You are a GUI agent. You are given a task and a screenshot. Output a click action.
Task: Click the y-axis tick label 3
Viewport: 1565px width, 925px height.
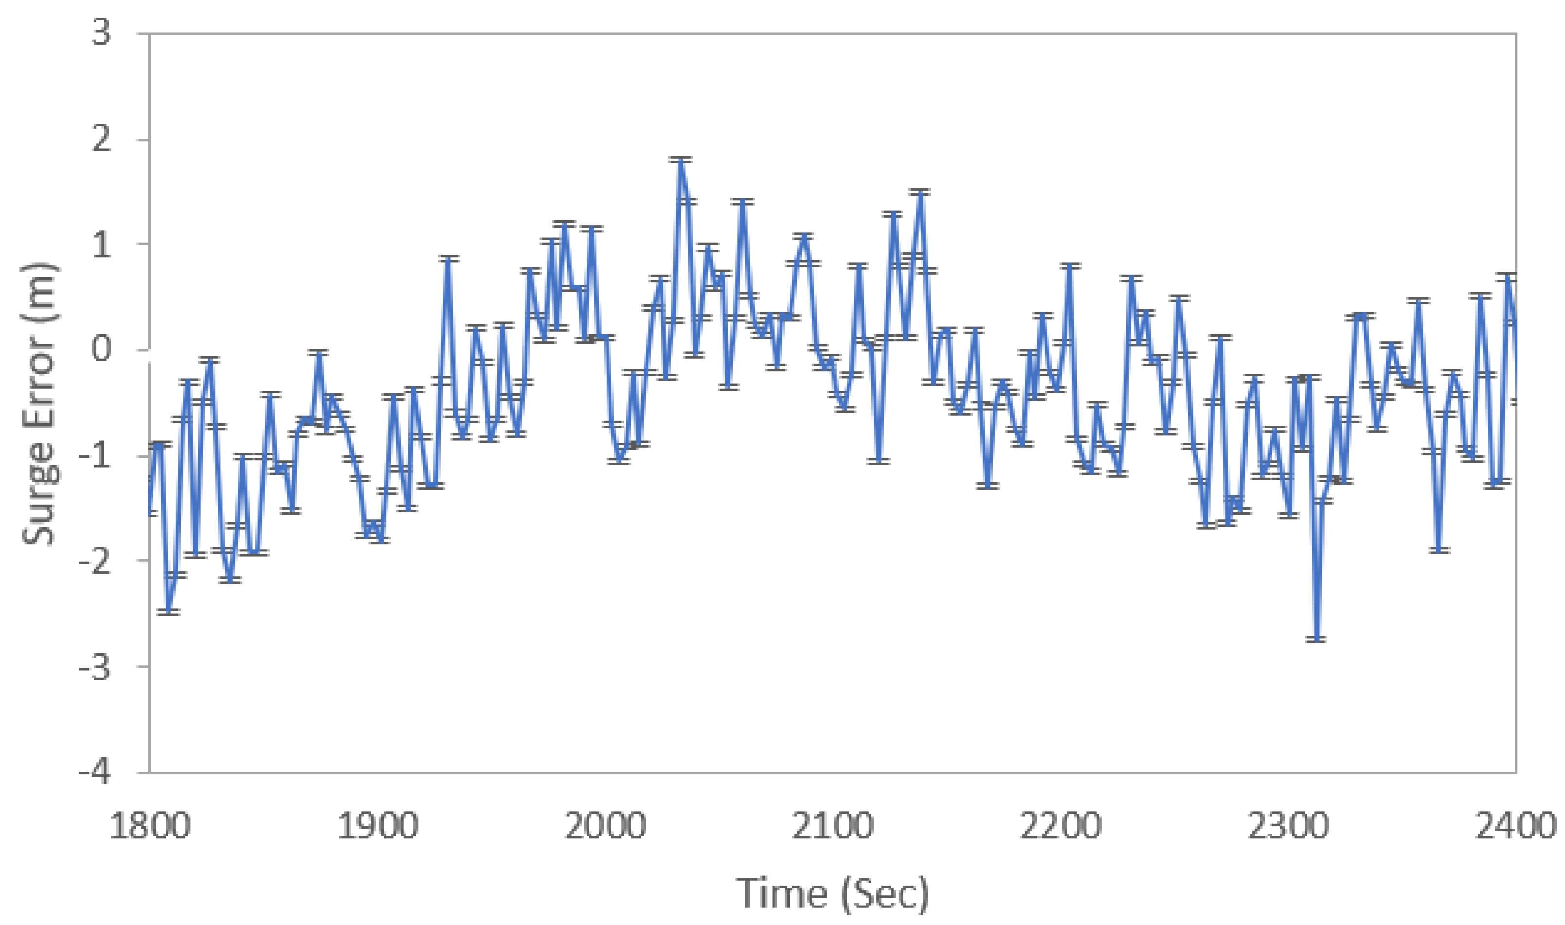102,33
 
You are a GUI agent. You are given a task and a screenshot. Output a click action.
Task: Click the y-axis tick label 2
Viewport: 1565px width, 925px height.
102,139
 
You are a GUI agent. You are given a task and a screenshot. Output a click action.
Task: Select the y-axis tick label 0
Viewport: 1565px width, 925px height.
102,349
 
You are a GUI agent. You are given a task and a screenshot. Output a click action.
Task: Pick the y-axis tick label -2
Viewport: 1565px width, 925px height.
95,560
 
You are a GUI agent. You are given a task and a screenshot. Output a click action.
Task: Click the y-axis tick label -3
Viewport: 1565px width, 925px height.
95,666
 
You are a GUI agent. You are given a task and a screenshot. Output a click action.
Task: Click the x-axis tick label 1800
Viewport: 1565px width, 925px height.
150,826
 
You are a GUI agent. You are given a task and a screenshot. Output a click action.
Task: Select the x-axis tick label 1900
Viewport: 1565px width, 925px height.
377,826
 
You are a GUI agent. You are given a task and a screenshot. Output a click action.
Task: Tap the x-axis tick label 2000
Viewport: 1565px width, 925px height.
605,826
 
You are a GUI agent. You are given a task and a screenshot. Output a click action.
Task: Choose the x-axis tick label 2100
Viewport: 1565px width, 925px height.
833,826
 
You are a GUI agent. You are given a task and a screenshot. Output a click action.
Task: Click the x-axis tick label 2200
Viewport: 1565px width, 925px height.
1060,826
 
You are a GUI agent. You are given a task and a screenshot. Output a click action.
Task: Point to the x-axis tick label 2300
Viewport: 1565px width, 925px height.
1288,826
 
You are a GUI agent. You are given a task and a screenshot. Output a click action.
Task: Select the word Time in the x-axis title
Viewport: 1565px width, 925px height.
782,893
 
